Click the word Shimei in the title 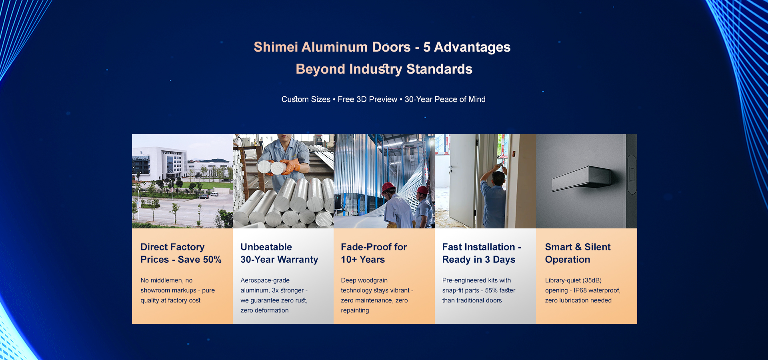[276, 47]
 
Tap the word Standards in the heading [439, 69]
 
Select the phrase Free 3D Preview [368, 99]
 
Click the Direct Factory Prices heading [181, 253]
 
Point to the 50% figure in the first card [211, 260]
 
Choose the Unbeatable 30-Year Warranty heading [279, 253]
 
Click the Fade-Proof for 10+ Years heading [374, 253]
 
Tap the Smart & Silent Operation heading [578, 253]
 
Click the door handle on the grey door [582, 178]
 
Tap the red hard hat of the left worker [388, 187]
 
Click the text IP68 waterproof [597, 290]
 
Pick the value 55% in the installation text [491, 290]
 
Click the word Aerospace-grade [265, 280]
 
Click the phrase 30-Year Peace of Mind [445, 99]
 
